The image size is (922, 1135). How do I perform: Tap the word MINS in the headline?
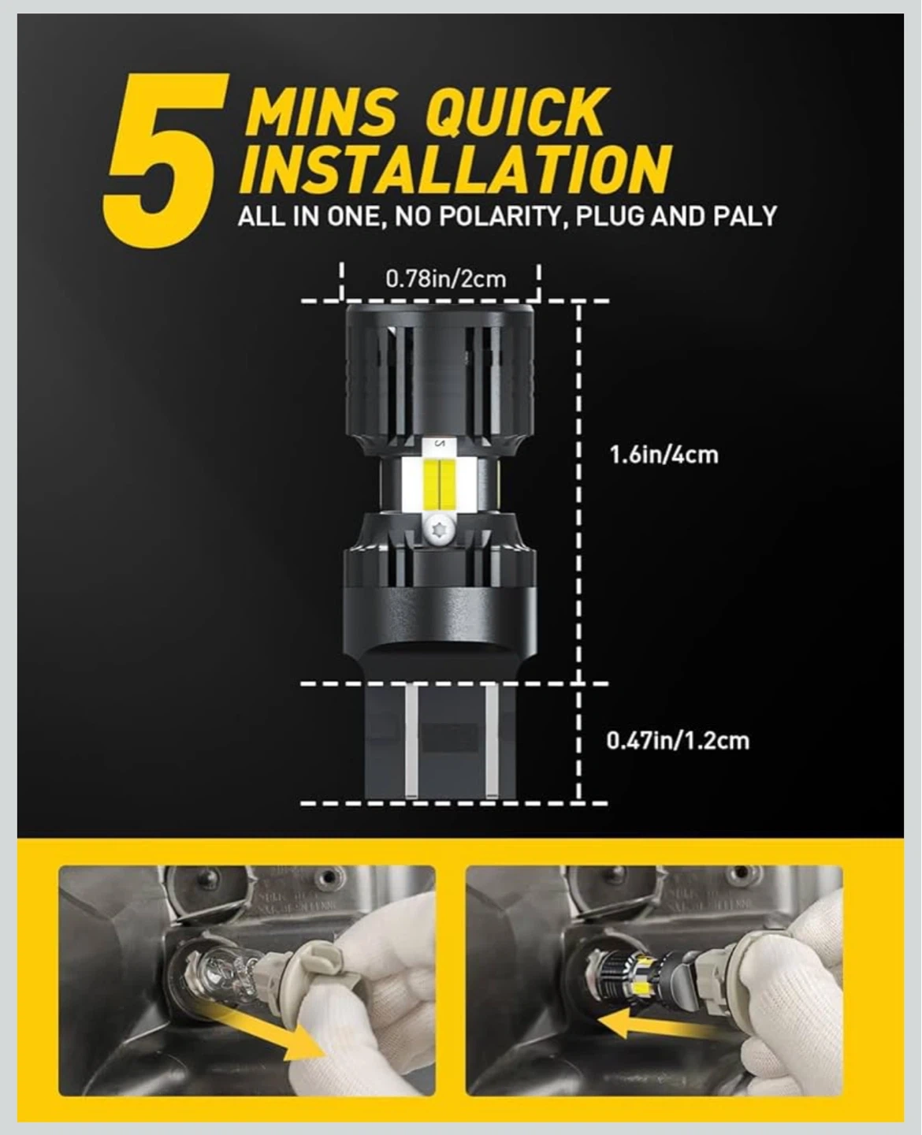(x=323, y=113)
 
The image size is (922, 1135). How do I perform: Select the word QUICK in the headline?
(x=515, y=113)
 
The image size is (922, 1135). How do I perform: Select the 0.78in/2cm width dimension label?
(x=446, y=279)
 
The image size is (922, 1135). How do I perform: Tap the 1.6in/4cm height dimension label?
(x=664, y=455)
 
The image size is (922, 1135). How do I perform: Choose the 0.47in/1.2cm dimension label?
(x=678, y=741)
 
